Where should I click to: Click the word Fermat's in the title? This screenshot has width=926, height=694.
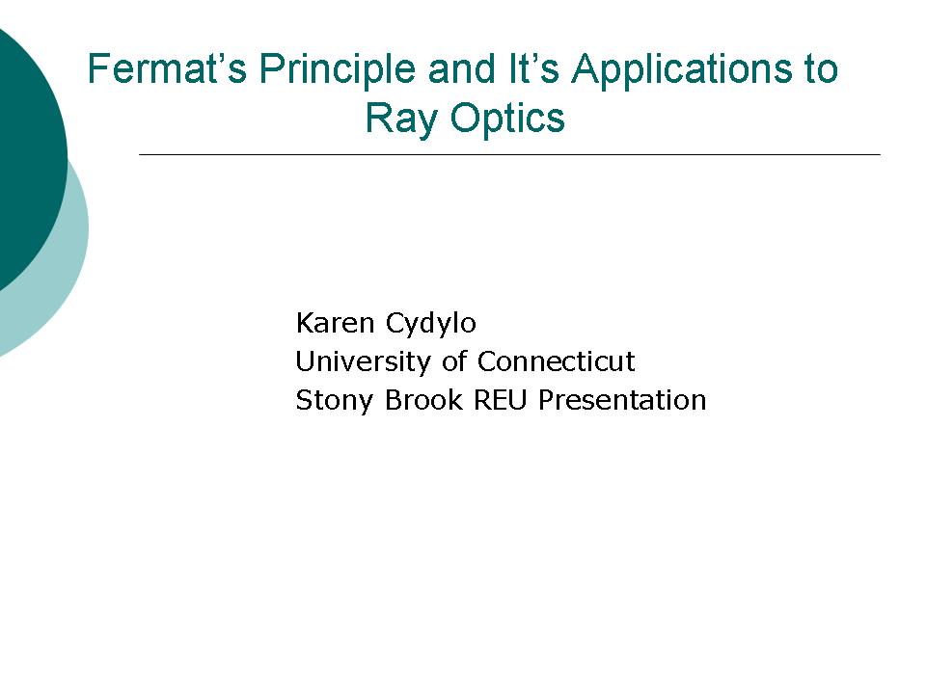167,68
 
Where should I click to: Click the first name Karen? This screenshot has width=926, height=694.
335,324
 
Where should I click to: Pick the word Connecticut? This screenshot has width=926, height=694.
556,361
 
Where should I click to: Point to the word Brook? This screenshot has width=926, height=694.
424,400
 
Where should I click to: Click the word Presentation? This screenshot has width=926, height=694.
622,400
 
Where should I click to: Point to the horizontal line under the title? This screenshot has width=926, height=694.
509,154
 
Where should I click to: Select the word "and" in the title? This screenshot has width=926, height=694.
462,68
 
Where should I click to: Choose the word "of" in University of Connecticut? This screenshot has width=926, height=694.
454,361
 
